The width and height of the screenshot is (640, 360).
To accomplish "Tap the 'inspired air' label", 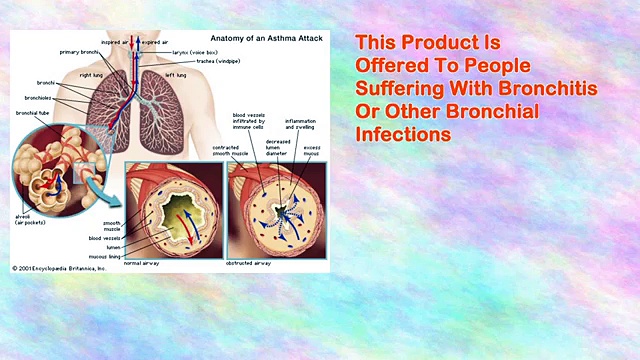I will (115, 43).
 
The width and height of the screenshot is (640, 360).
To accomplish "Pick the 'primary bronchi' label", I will (79, 52).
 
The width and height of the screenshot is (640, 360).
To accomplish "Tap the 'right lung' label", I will (92, 75).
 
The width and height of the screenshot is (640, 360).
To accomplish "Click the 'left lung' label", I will (176, 75).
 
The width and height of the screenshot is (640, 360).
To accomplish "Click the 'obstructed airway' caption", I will (249, 263).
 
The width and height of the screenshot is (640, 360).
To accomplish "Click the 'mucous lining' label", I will (106, 256).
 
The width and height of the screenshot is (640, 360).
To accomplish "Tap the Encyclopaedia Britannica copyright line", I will (58, 268).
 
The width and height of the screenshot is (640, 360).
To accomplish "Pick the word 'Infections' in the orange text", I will (403, 133).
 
